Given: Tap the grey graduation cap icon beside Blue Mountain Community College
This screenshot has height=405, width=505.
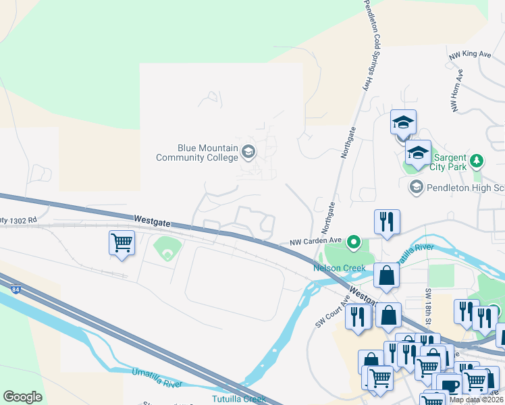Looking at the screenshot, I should (x=248, y=152).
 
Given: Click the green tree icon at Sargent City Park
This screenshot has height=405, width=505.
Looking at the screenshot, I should (x=478, y=161).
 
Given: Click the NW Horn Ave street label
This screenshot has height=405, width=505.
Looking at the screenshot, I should (x=456, y=91).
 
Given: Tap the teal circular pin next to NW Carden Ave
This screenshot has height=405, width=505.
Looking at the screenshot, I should (x=352, y=242).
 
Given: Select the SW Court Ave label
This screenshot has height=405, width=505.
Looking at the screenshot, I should (x=331, y=312).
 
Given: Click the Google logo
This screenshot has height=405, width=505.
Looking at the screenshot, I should (x=22, y=397).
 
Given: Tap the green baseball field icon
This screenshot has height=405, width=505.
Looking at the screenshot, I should (x=166, y=252).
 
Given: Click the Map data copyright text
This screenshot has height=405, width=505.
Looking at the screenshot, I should (x=477, y=400).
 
